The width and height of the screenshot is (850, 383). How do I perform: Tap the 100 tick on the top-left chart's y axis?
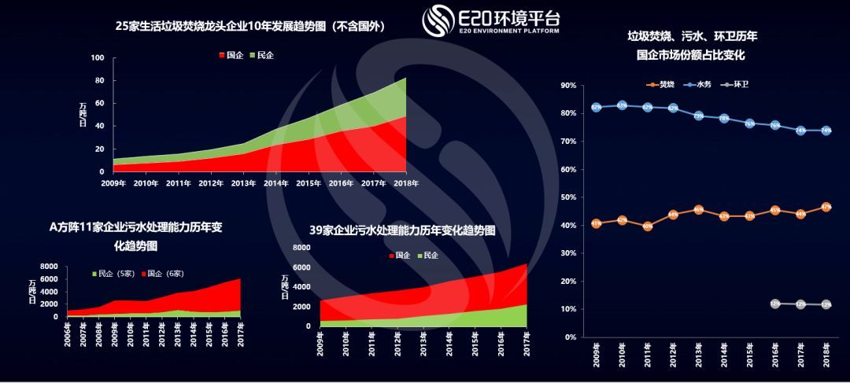click(98, 58)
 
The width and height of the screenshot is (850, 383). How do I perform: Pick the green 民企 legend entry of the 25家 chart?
click(261, 55)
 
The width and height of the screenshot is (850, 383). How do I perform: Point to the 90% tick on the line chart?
click(568, 85)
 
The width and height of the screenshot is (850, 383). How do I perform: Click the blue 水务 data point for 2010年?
click(622, 105)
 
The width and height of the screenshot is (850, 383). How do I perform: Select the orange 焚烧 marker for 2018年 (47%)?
click(826, 207)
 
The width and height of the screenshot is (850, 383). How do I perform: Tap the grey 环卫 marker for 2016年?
click(775, 304)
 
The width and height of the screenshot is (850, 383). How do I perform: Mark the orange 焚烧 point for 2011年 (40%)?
click(648, 226)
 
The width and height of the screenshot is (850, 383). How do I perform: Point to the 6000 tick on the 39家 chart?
click(302, 267)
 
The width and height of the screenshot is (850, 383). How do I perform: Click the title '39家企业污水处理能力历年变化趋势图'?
click(402, 231)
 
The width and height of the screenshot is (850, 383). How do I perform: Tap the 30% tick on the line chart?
click(568, 253)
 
